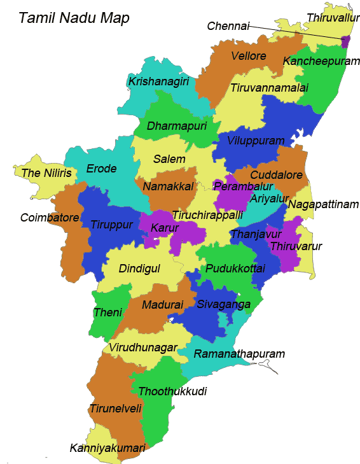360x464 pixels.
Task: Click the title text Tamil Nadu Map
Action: [x=74, y=18]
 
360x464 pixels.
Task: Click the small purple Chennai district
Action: [x=345, y=42]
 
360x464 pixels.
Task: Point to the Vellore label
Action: [x=249, y=56]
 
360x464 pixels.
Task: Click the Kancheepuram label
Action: [x=317, y=61]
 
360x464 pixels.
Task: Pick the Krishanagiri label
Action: [x=158, y=81]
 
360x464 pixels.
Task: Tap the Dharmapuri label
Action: [x=174, y=125]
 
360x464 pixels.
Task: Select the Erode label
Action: [x=102, y=169]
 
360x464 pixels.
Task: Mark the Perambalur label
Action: [x=243, y=186]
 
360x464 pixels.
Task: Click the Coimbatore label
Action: [x=50, y=218]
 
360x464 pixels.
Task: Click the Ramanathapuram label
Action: [x=239, y=353]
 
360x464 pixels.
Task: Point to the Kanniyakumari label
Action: [x=107, y=448]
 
